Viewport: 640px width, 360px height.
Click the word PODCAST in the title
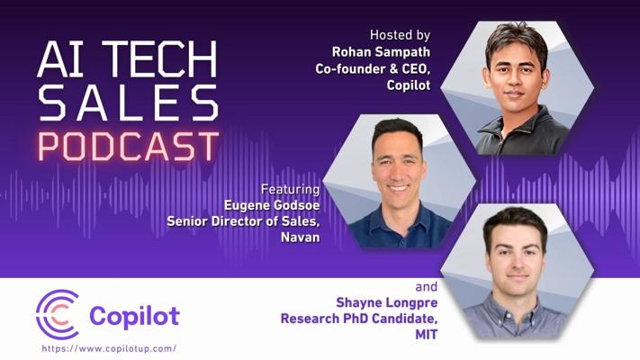click(129, 146)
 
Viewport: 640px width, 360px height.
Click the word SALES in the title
click(128, 103)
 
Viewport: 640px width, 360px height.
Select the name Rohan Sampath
click(381, 52)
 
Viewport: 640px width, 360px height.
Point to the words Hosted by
click(400, 35)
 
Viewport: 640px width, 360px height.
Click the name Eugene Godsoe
click(272, 205)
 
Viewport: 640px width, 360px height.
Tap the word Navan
click(301, 237)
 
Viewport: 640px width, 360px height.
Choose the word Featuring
click(290, 189)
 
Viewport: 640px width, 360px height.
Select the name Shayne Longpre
click(386, 303)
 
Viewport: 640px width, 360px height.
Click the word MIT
click(426, 335)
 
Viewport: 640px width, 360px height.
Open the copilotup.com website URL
click(109, 349)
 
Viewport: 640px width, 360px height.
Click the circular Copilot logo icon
click(58, 315)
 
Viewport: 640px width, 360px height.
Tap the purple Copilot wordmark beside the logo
click(134, 317)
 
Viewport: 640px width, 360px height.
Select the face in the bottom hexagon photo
click(517, 260)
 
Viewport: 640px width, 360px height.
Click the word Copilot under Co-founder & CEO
click(409, 85)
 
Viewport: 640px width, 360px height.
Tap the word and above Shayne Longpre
click(426, 287)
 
